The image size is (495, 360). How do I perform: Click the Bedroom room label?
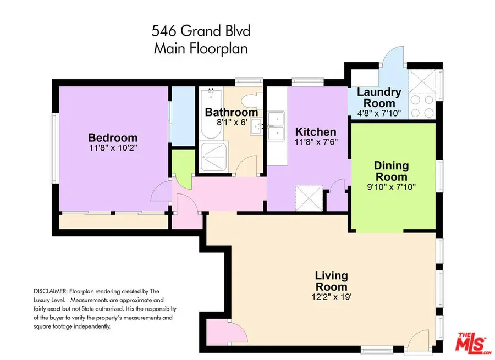(113, 137)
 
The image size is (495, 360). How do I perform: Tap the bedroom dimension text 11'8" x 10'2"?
(113, 147)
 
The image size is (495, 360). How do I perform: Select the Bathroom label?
(231, 112)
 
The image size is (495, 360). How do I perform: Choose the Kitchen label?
(315, 132)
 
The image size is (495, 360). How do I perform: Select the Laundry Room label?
(379, 97)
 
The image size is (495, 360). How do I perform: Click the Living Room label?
(331, 281)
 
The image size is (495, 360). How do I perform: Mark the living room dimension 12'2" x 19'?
(331, 297)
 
